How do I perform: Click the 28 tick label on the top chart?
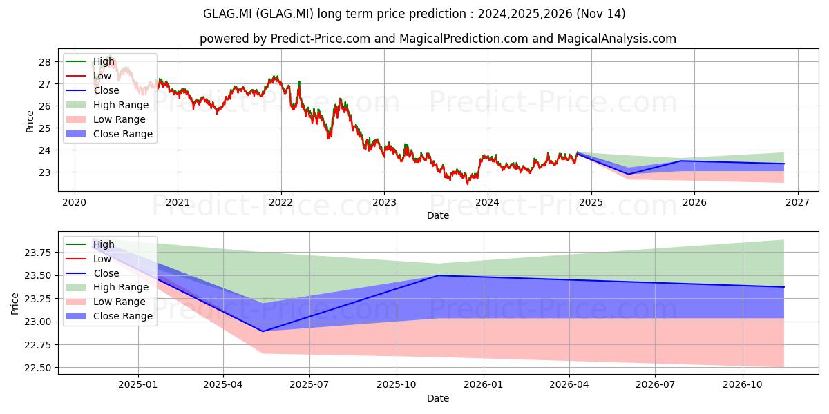tap(44, 62)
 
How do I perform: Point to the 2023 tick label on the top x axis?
tap(384, 203)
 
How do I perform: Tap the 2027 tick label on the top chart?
tap(797, 203)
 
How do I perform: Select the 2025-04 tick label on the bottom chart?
tap(222, 385)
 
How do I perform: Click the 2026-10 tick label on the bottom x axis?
tap(743, 385)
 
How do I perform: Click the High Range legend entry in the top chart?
tap(107, 105)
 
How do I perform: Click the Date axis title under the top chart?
tap(438, 215)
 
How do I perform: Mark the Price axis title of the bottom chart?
tap(15, 304)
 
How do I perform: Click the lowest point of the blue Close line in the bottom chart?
tap(263, 331)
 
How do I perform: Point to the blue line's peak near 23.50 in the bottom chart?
tap(439, 275)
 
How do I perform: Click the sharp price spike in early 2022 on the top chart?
tap(299, 82)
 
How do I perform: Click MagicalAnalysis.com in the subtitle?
tap(616, 39)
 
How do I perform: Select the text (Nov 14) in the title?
tap(600, 14)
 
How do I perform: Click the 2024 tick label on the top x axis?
tap(488, 203)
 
